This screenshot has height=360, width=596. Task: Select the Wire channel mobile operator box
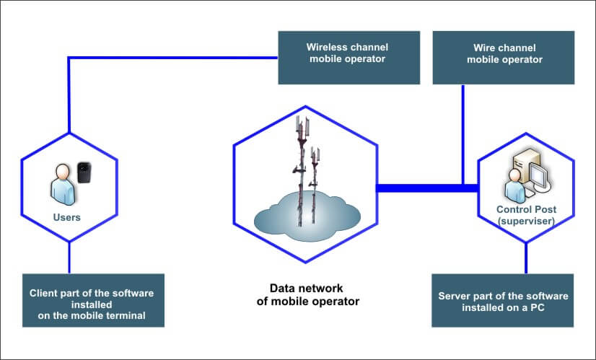(504, 57)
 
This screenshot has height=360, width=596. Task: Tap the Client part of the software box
(92, 299)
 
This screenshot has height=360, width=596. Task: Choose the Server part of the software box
(503, 299)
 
